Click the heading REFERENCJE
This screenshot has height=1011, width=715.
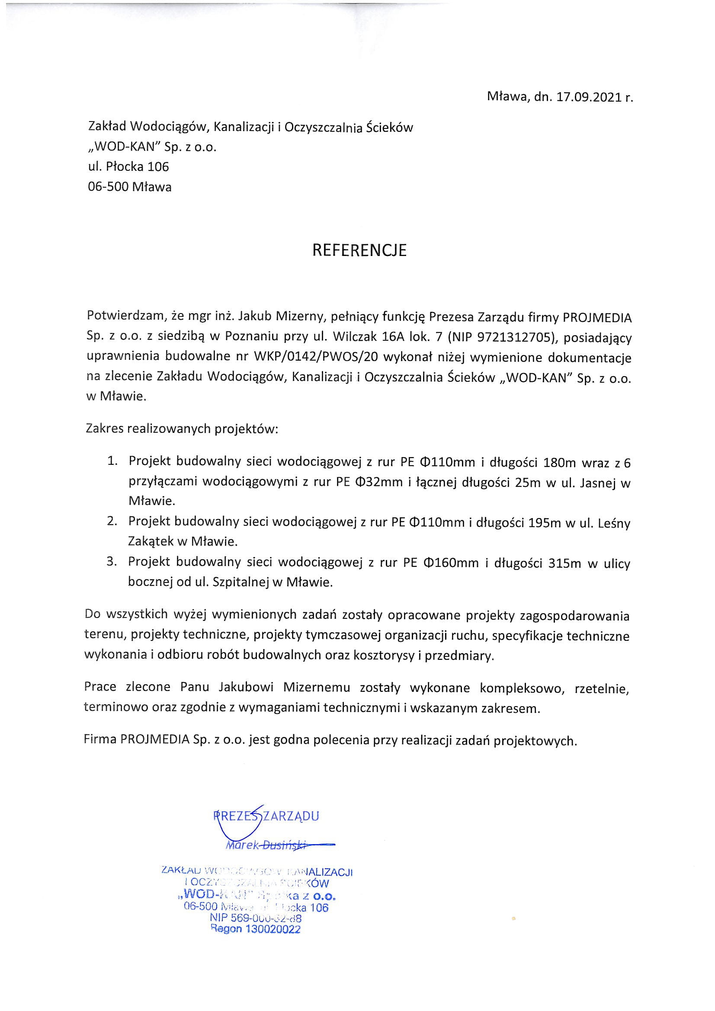359,250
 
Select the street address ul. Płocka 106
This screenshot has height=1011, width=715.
128,166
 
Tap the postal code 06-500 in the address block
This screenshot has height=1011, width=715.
109,187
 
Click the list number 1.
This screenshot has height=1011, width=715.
112,461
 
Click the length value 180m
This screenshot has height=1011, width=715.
559,462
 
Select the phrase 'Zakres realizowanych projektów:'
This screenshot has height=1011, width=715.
182,429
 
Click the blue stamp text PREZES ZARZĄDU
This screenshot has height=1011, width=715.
266,816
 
